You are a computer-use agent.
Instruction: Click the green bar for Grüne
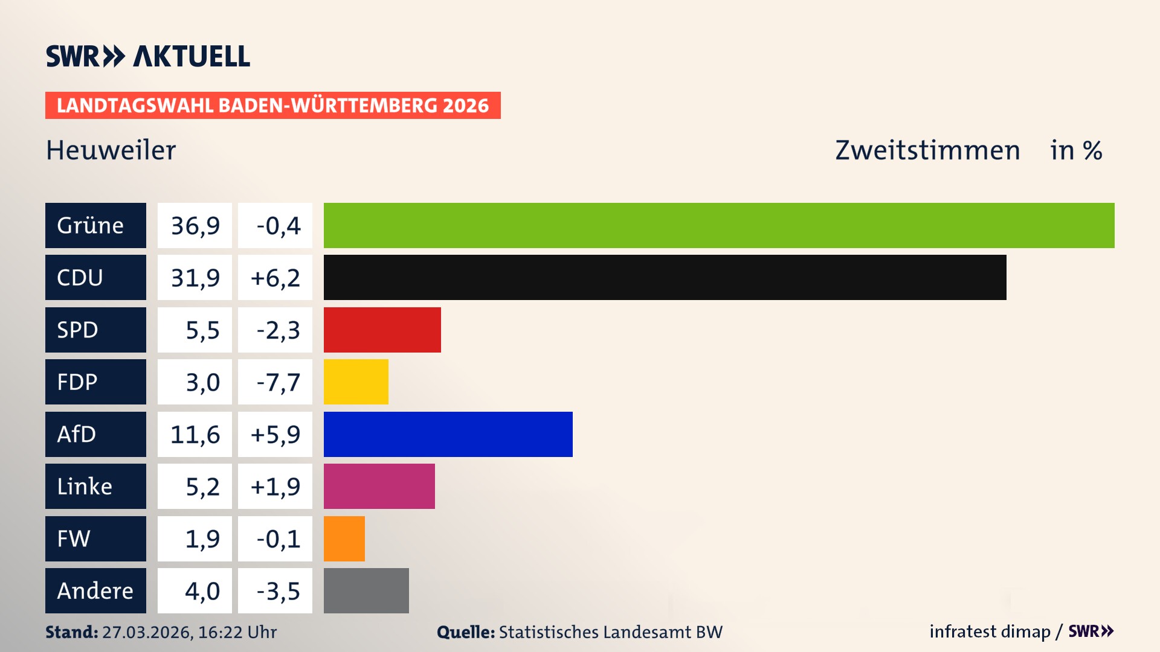point(719,225)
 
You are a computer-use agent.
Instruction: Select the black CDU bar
point(665,277)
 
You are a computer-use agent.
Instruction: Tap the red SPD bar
point(382,330)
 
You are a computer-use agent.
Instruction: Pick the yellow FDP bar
point(356,382)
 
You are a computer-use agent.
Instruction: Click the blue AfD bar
point(448,434)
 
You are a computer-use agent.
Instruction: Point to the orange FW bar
point(344,539)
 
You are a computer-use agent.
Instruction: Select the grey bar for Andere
point(366,590)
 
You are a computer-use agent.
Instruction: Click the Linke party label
point(95,486)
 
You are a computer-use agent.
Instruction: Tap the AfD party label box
point(95,434)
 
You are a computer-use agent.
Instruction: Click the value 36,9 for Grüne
point(195,225)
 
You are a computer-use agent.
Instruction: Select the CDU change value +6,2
point(275,277)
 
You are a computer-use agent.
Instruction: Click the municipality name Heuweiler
point(111,150)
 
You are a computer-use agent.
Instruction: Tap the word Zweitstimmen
point(927,150)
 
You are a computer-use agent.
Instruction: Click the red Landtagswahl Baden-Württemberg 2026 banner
point(272,105)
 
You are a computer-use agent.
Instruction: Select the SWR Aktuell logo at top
point(148,56)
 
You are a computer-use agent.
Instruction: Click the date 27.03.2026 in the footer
point(147,632)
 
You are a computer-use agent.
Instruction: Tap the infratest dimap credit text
point(989,631)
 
